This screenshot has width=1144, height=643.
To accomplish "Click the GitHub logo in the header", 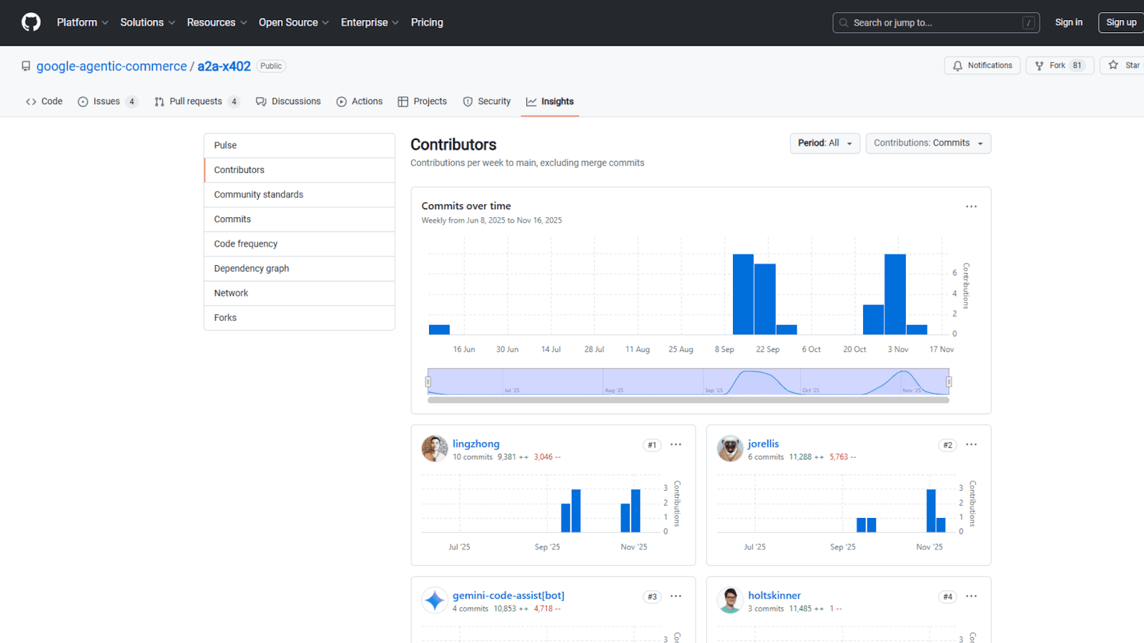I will pos(31,22).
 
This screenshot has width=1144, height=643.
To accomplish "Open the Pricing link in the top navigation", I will pos(427,22).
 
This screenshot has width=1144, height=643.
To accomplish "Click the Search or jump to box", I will pos(935,23).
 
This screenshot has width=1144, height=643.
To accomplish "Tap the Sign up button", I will pos(1120,22).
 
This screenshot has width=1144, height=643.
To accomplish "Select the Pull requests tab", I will pos(195,101).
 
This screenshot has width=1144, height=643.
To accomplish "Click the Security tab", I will pos(487,101).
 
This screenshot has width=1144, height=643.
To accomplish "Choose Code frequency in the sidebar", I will pos(245,244).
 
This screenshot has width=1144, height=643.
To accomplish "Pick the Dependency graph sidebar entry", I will pos(251,269).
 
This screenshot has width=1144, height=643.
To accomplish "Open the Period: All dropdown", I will pos(824,143).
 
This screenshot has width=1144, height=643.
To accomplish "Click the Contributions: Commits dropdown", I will pos(927,143).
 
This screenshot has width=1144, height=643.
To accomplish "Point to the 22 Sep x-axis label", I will pos(767,349).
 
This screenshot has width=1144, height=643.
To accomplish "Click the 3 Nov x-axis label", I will pos(897,349).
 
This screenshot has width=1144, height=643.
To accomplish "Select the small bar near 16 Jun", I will pos(439,329).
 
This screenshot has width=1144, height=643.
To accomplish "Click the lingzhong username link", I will pos(475,444).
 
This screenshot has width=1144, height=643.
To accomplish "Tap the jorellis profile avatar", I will pos(730,449).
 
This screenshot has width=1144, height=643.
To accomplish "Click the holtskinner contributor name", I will pos(774,595).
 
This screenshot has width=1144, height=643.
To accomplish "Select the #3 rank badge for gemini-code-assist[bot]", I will pos(651,597).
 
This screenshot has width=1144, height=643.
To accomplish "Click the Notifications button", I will pos(982,66).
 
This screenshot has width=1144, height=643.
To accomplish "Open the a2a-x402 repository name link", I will pos(224,66).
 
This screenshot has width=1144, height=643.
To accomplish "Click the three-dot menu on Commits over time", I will pos(971,206).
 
